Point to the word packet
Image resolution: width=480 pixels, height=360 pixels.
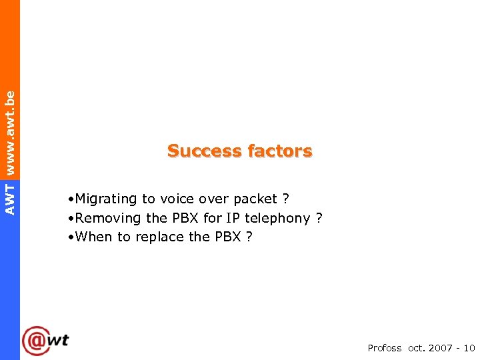click(255, 199)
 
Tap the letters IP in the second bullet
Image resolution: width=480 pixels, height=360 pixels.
click(233, 218)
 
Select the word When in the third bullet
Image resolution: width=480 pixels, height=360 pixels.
click(94, 237)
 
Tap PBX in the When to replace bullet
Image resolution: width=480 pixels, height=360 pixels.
click(227, 237)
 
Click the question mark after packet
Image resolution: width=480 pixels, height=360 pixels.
click(285, 199)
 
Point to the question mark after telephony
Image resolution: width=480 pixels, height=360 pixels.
click(319, 218)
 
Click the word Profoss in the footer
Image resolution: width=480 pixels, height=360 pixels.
click(385, 348)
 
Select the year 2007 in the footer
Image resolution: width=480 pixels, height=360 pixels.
click(441, 348)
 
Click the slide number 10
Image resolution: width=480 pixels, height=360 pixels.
click(469, 348)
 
